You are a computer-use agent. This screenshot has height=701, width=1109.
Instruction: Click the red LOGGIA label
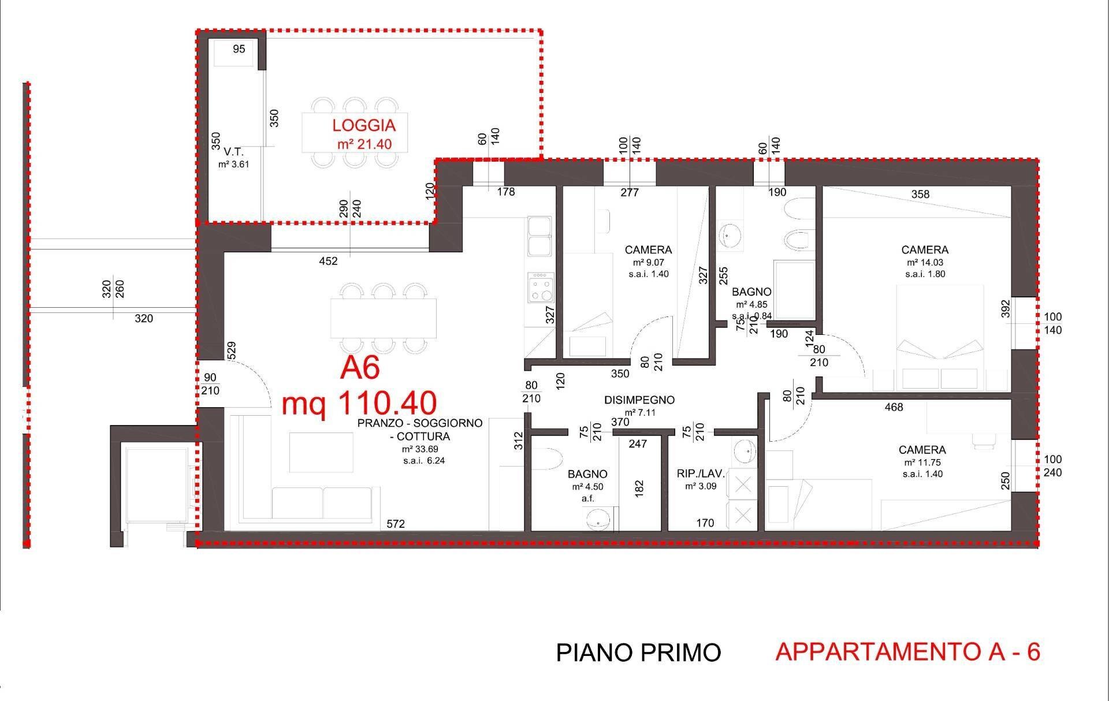pyautogui.click(x=363, y=125)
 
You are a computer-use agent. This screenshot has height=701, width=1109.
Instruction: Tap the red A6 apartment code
pyautogui.click(x=360, y=368)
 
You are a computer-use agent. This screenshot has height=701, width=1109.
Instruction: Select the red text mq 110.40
pyautogui.click(x=359, y=402)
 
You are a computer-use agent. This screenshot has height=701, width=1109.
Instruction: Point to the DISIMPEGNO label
pyautogui.click(x=639, y=400)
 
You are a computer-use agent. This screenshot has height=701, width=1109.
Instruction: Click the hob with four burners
pyautogui.click(x=541, y=288)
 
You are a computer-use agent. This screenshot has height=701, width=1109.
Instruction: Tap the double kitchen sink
pyautogui.click(x=539, y=236)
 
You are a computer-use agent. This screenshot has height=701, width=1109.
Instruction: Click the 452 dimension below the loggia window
pyautogui.click(x=328, y=261)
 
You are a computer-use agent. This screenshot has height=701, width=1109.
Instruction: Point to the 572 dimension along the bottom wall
pyautogui.click(x=396, y=524)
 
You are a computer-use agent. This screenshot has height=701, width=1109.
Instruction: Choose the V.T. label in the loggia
pyautogui.click(x=233, y=152)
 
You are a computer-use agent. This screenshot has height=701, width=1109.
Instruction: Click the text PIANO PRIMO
pyautogui.click(x=638, y=652)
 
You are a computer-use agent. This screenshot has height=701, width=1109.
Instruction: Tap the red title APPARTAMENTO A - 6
pyautogui.click(x=907, y=651)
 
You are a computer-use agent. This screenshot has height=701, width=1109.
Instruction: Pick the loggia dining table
pyautogui.click(x=355, y=132)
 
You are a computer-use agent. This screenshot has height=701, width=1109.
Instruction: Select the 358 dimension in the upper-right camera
pyautogui.click(x=920, y=194)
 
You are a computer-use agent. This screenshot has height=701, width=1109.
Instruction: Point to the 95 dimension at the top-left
pyautogui.click(x=239, y=49)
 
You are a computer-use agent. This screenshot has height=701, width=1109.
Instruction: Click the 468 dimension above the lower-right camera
pyautogui.click(x=894, y=407)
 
